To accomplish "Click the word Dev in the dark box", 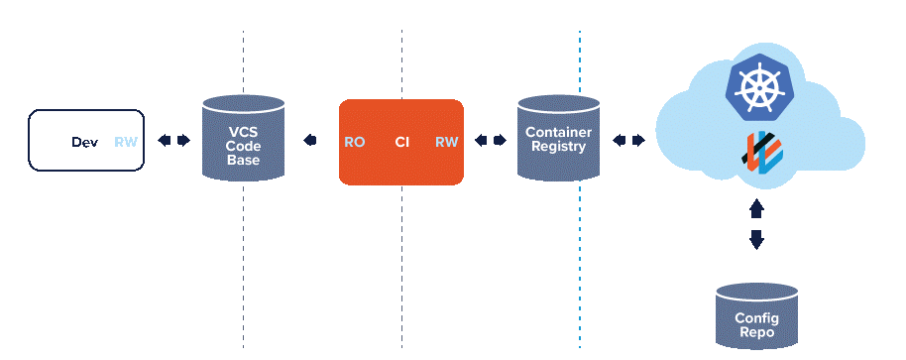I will (x=84, y=142).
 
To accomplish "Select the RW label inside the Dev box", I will (x=126, y=142).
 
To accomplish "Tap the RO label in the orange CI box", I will (x=354, y=142).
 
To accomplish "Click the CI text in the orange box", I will (x=401, y=142).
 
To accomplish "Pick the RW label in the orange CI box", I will (x=446, y=142).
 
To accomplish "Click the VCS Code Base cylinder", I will (x=243, y=138).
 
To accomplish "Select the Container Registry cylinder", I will (x=559, y=138).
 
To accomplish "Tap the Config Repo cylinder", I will (x=756, y=315).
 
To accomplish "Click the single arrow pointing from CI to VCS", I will (x=311, y=141).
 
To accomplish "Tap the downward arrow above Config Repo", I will (x=756, y=239).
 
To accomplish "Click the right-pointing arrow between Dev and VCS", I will (x=183, y=141).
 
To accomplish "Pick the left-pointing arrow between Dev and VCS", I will (x=164, y=141).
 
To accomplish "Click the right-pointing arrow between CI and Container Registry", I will (x=500, y=141).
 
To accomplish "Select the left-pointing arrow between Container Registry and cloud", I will (x=619, y=141).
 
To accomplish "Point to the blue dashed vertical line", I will (x=580, y=248).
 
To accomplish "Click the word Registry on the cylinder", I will (x=559, y=147).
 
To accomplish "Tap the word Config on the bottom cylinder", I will (x=756, y=318).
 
